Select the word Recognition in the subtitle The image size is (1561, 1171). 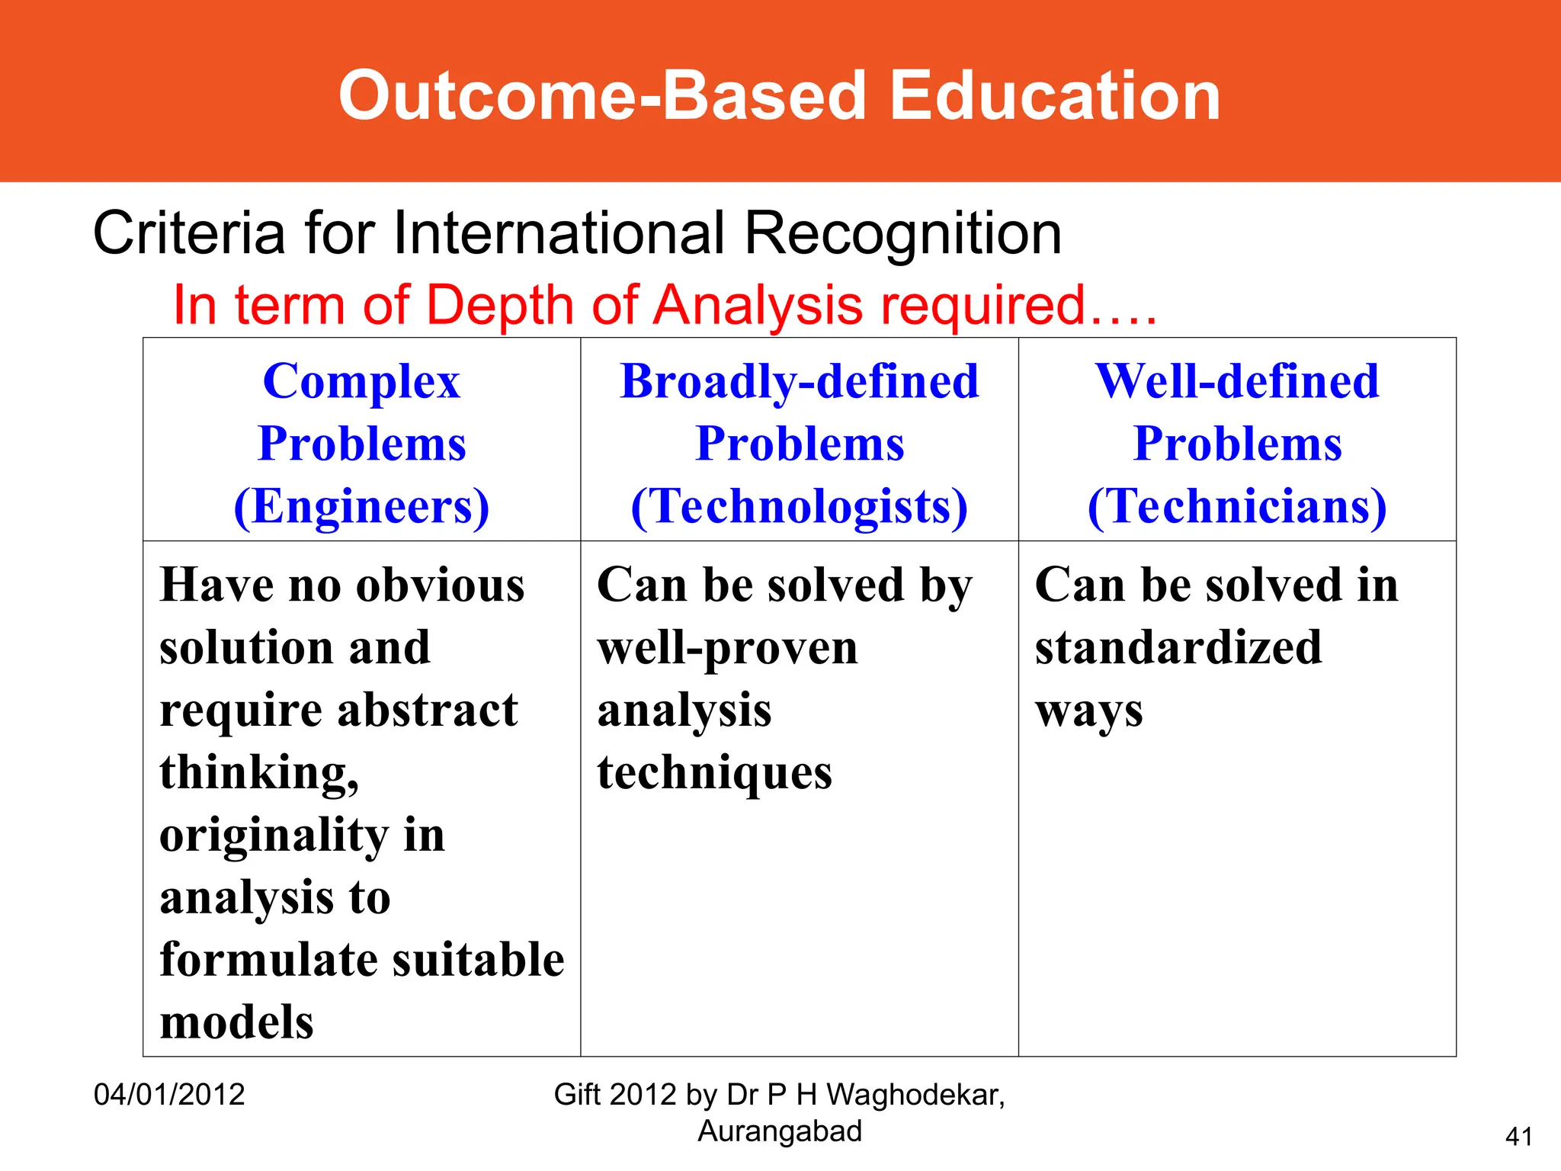tap(902, 234)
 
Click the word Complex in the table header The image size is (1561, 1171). tap(361, 381)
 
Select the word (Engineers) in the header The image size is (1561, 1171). tap(361, 506)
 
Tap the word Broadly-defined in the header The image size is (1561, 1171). tap(800, 381)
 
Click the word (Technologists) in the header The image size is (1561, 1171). tap(800, 506)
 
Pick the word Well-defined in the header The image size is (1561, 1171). tap(1237, 381)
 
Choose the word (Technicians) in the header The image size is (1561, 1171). tap(1237, 506)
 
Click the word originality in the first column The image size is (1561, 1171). tap(274, 836)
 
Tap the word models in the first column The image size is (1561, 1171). tap(237, 1022)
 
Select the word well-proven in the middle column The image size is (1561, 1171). tap(727, 650)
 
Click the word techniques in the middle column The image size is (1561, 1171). tap(714, 774)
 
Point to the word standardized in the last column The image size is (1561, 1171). tap(1178, 648)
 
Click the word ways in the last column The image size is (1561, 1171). tap(1088, 712)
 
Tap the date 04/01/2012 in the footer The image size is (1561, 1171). tap(169, 1095)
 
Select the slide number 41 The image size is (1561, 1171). tap(1519, 1137)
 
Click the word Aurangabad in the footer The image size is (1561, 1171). tap(780, 1131)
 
